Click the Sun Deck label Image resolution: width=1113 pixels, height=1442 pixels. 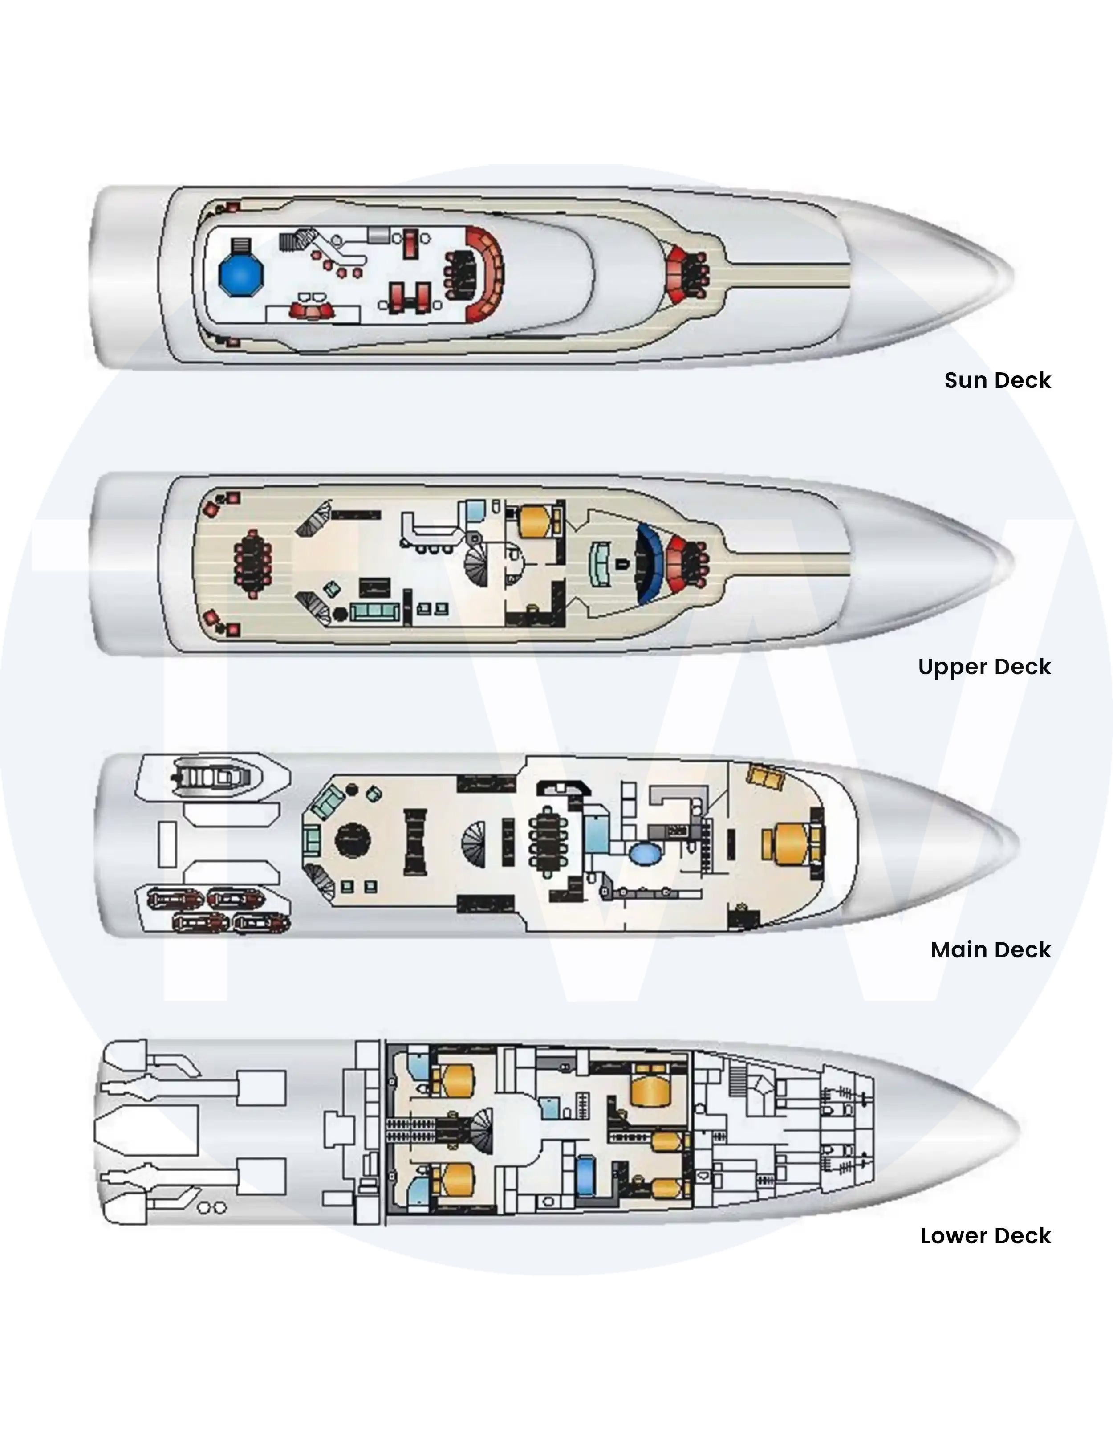(x=997, y=380)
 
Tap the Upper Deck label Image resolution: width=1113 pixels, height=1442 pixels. (x=984, y=667)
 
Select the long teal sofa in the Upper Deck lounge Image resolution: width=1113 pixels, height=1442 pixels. (x=374, y=611)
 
